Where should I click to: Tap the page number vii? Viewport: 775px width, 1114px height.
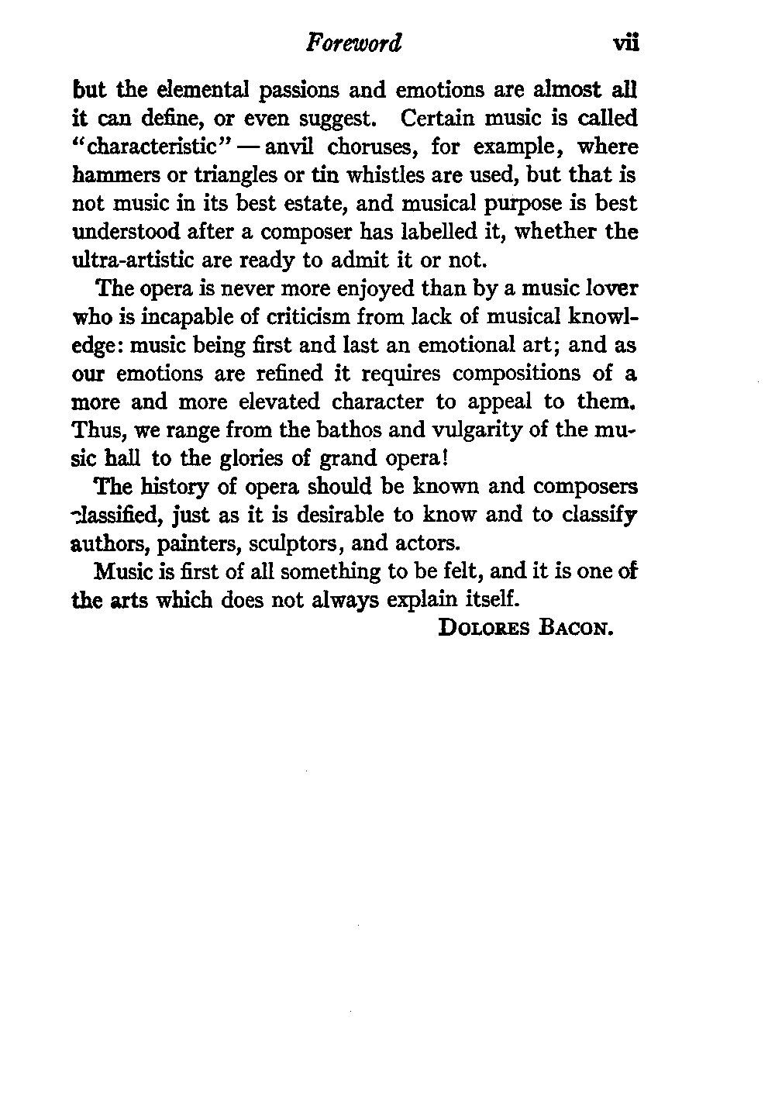[x=624, y=42]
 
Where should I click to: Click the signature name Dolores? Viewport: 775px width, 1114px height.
[x=484, y=628]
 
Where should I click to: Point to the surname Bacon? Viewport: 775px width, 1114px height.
[x=577, y=628]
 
